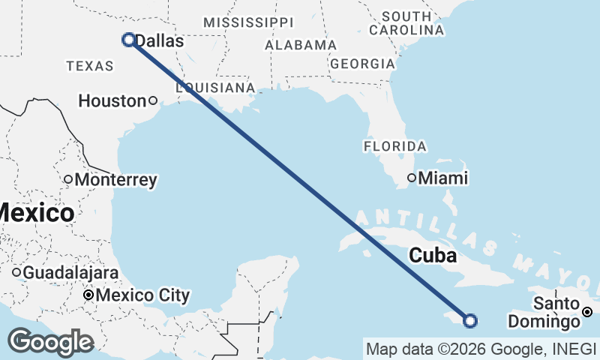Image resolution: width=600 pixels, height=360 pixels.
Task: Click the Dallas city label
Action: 159,42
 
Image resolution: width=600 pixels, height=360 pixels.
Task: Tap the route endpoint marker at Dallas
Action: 129,40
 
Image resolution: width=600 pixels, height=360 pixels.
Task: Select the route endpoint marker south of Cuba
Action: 470,321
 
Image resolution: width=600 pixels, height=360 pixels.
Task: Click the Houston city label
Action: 112,100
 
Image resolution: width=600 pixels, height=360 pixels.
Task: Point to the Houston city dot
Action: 152,100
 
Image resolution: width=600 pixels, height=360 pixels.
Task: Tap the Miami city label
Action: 443,178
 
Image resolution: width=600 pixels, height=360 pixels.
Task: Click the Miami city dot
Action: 412,178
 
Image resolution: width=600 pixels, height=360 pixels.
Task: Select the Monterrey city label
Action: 116,180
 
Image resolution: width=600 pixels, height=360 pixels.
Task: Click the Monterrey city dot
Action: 67,179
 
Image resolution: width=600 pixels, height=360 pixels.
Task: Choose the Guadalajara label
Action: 70,272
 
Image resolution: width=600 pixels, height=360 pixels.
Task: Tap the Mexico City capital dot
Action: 88,295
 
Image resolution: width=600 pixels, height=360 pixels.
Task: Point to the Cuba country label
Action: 433,256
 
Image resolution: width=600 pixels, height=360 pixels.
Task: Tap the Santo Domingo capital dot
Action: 588,312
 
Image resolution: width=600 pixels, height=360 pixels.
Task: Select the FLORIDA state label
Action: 394,145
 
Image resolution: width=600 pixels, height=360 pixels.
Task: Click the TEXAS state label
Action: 89,66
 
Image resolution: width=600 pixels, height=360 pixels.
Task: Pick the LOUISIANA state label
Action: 216,88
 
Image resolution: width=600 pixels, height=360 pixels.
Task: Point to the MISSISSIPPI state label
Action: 248,22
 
